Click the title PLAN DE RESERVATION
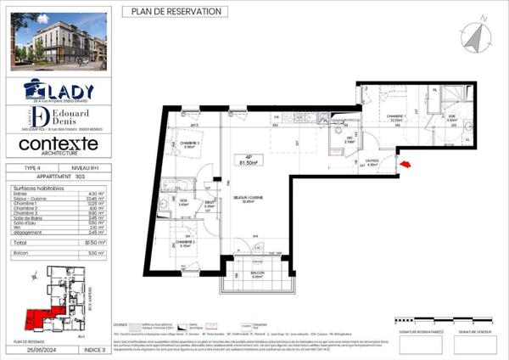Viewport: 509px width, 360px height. point(176,11)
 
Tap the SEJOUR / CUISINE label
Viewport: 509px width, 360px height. point(249,200)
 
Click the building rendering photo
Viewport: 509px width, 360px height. point(58,40)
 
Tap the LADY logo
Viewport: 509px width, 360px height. point(58,89)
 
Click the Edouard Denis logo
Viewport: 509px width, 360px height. point(58,118)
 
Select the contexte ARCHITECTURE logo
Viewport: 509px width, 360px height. point(58,147)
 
